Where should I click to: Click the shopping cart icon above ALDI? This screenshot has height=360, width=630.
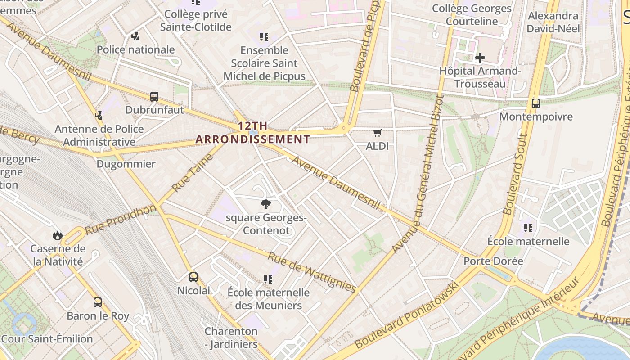point(377,133)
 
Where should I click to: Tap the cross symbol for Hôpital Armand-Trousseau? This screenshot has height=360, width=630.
point(480,58)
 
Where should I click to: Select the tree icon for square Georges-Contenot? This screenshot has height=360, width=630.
point(266,204)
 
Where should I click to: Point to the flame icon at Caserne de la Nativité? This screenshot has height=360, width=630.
point(57,235)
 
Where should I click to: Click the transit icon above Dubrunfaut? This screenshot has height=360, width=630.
point(154,96)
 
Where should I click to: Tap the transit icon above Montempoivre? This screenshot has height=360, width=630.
point(535,103)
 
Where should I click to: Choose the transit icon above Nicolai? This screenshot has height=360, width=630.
point(193,277)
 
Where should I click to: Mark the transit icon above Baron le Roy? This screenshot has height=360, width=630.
point(98,302)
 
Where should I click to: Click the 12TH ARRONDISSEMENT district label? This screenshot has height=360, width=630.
point(253,133)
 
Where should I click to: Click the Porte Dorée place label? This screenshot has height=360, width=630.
point(493,261)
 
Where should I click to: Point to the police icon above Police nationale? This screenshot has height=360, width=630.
point(135,36)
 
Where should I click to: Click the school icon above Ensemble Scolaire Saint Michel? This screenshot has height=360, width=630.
point(264,36)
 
